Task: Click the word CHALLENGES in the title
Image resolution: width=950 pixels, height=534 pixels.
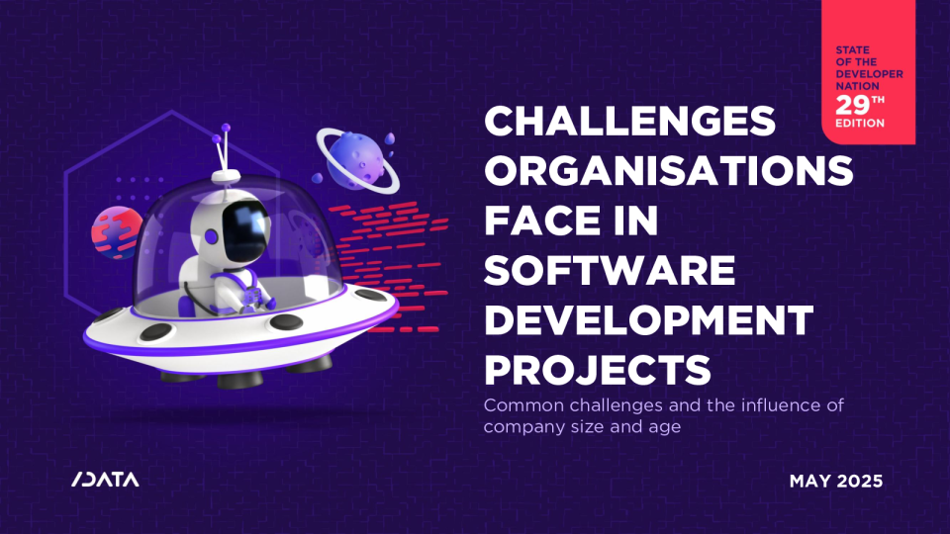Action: (629, 121)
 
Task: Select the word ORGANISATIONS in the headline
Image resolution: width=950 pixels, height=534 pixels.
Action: (669, 171)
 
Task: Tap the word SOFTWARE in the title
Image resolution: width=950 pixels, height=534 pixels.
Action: (610, 270)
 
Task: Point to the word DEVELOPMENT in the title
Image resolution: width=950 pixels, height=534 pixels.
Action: (649, 319)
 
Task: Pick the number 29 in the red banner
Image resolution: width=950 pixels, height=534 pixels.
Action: (853, 106)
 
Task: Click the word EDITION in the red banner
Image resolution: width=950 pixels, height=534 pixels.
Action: (860, 123)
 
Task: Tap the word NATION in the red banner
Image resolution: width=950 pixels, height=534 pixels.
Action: (857, 86)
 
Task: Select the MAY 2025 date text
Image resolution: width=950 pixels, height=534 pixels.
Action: (836, 482)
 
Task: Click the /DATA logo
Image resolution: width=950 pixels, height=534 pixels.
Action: (106, 480)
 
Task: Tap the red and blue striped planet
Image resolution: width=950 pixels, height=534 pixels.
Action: (117, 232)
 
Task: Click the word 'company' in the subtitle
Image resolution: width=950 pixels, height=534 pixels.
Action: (524, 427)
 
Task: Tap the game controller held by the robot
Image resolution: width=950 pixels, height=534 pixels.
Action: (252, 296)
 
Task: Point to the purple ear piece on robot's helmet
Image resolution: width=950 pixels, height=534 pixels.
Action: (211, 236)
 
